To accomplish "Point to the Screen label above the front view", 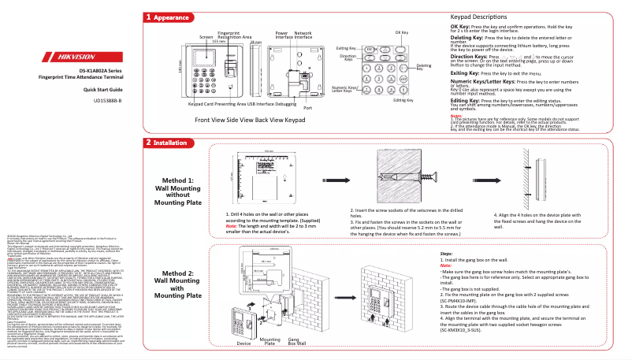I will coord(206,37).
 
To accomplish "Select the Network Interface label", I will coord(303,35).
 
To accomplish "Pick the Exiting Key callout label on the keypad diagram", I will coord(347,49).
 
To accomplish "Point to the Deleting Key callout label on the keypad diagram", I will coord(423,68).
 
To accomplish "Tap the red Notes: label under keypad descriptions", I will coord(455,115).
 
